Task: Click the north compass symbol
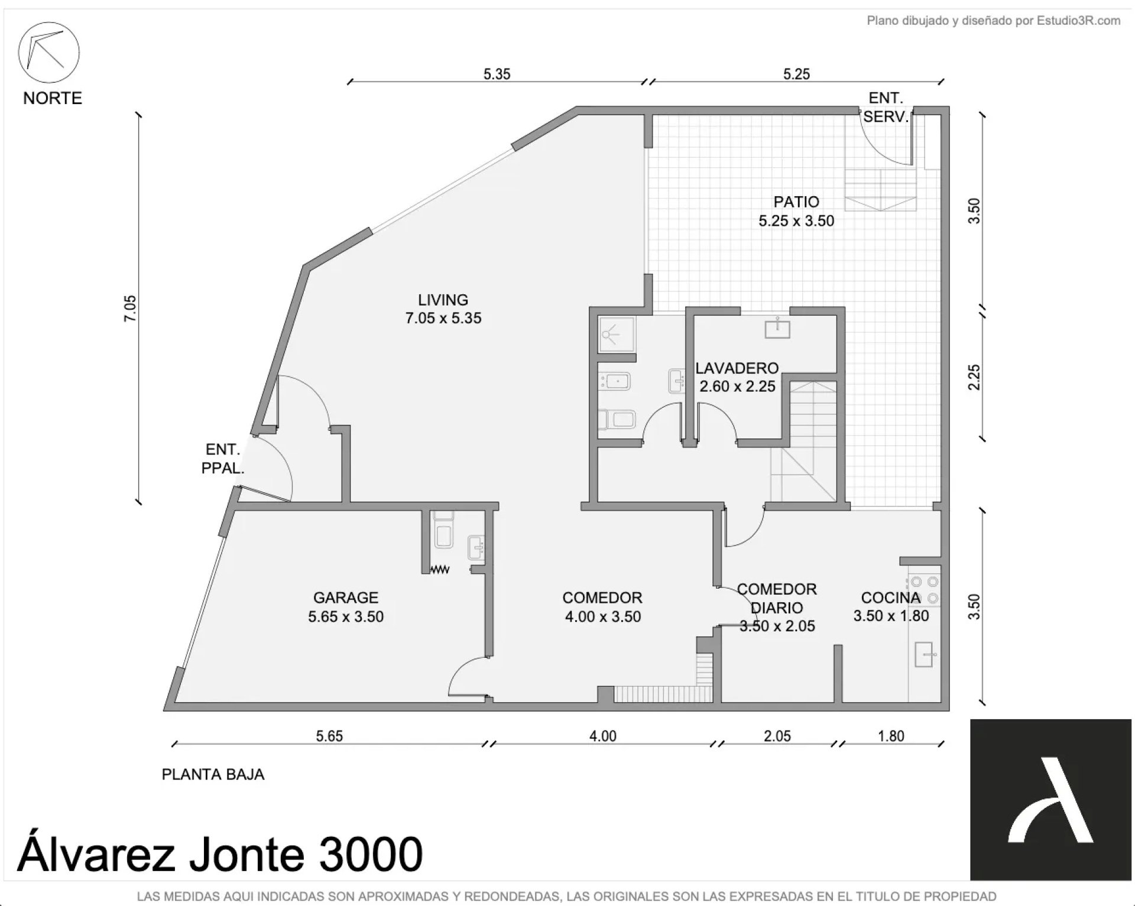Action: (49, 53)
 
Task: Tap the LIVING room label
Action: (443, 300)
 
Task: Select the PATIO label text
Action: (796, 202)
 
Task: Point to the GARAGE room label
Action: (346, 597)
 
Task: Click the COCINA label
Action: (891, 597)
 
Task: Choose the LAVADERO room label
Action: (737, 368)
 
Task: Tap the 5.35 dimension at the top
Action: (497, 74)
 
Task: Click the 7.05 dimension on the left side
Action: (129, 308)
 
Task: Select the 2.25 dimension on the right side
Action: (974, 377)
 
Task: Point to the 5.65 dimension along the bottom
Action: (329, 736)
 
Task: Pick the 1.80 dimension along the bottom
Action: (891, 736)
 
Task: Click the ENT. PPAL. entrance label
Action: (223, 459)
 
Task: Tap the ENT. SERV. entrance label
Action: (886, 107)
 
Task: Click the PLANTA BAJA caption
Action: (213, 774)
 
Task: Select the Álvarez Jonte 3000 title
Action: (220, 855)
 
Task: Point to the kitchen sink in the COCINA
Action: (924, 654)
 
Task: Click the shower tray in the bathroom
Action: (616, 335)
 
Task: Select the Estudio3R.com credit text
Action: (993, 21)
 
